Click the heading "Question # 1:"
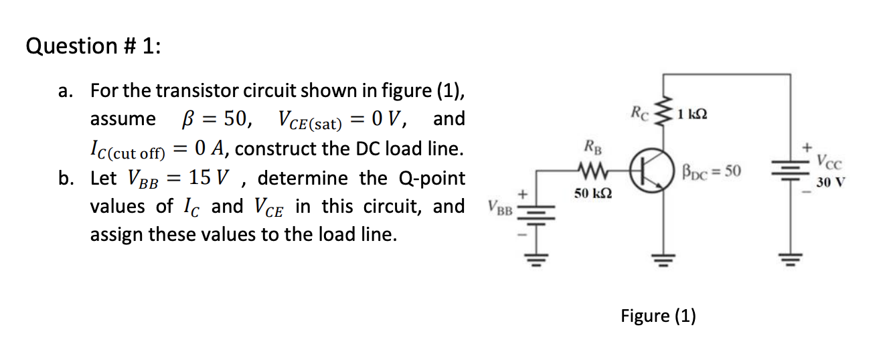93,46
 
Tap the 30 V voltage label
831,181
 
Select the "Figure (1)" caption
658,315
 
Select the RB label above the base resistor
592,145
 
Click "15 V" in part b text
211,178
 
